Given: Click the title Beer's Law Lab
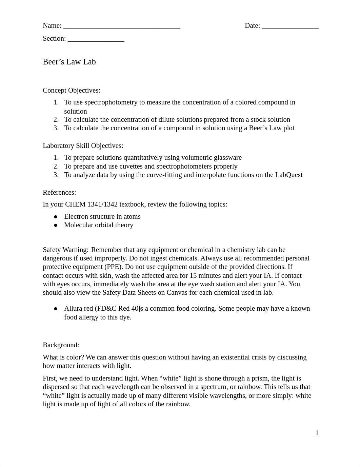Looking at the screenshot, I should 69,62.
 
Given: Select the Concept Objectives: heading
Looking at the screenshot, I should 72,90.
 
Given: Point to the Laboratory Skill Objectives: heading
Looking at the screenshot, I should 83,145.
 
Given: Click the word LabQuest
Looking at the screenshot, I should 289,175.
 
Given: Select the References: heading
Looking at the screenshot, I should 59,192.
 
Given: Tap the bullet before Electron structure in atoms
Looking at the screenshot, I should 56,217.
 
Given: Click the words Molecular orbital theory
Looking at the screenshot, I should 99,225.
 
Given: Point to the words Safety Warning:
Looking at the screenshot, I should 65,250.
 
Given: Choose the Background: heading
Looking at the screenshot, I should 61,345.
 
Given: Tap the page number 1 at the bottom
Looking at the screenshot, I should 317,433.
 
